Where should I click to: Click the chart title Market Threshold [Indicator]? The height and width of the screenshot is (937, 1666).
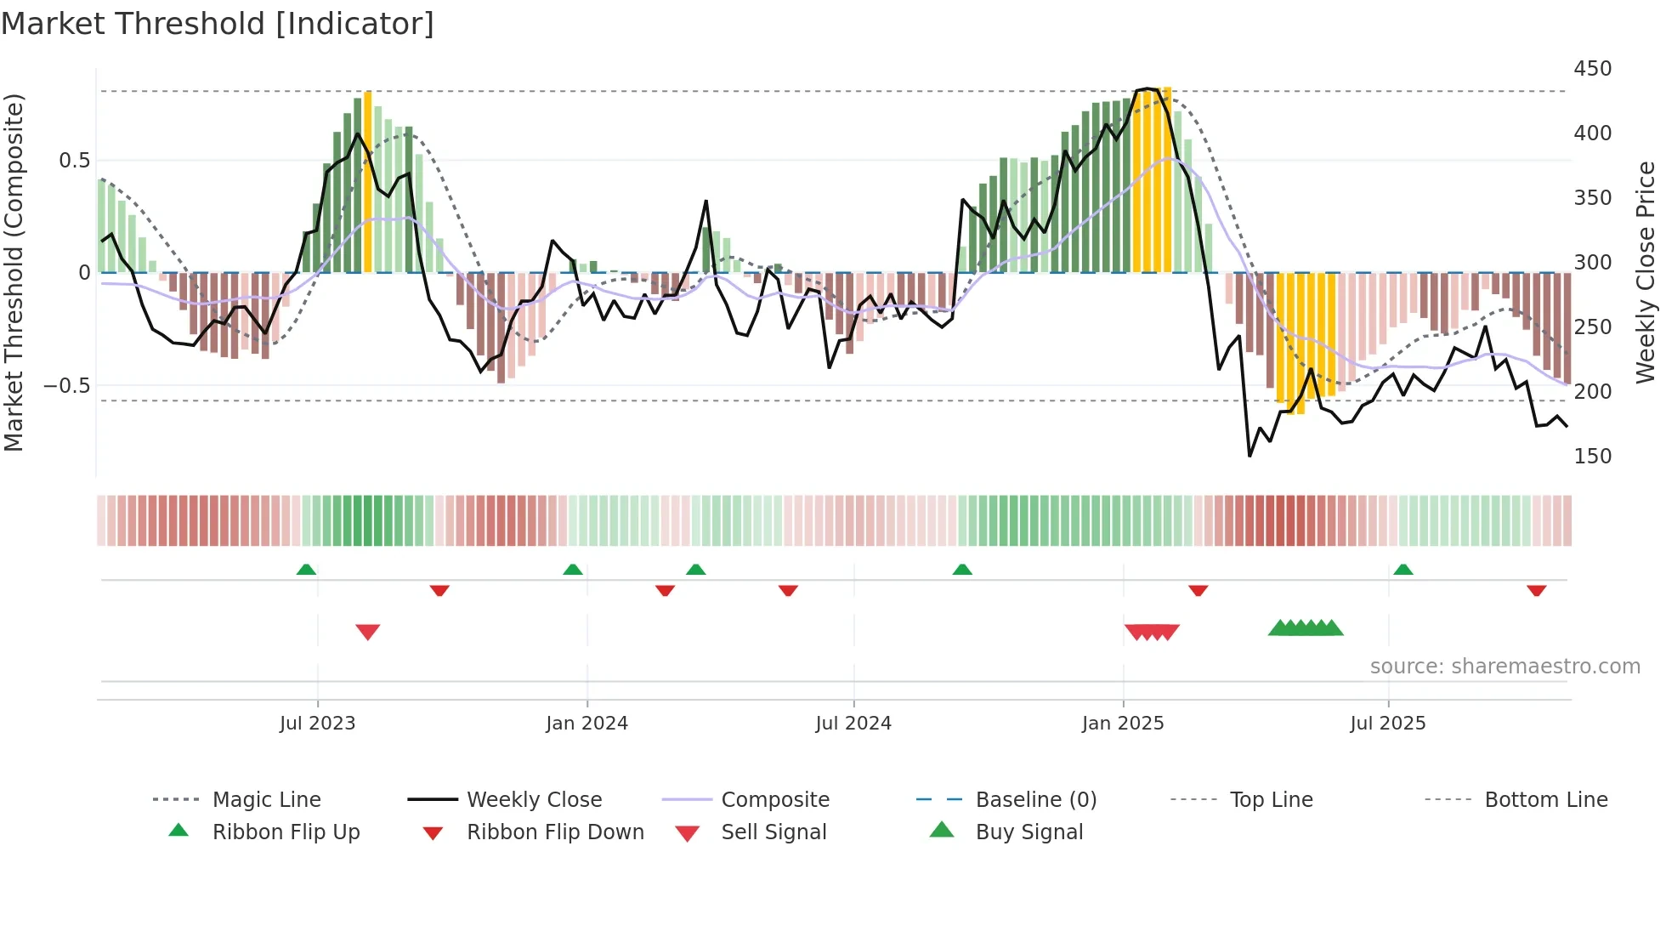tap(218, 24)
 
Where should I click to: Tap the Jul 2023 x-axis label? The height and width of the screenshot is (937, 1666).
tap(317, 724)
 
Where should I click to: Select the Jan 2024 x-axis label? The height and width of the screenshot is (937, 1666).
tap(586, 724)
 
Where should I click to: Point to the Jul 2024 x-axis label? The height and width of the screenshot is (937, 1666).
tap(853, 724)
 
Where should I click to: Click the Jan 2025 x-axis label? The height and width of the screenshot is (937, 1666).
tap(1123, 724)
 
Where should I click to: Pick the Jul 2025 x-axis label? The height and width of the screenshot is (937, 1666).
tap(1388, 724)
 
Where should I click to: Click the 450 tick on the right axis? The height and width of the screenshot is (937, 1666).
tap(1592, 69)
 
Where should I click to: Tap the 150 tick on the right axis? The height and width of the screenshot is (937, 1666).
tap(1592, 457)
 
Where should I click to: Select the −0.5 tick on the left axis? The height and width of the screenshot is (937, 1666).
tap(67, 386)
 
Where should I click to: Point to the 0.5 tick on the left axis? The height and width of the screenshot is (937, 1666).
tap(74, 161)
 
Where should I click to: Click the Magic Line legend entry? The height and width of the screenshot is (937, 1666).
tap(266, 800)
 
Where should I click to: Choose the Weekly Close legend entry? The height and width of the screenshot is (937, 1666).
tap(534, 800)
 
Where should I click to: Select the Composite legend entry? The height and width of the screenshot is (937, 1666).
tap(775, 800)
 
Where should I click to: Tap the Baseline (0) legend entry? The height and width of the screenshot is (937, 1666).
tap(1035, 800)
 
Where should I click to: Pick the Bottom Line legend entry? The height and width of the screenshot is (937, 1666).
tap(1545, 800)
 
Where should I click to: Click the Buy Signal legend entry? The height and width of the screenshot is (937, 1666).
tap(1028, 832)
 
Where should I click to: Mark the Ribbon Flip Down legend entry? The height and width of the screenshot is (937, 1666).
tap(555, 832)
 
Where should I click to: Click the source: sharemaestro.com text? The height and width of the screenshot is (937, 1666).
tap(1504, 667)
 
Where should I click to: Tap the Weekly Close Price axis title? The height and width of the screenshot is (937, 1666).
tap(1646, 272)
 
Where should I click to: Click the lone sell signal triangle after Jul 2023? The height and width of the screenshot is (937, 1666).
tap(368, 632)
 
